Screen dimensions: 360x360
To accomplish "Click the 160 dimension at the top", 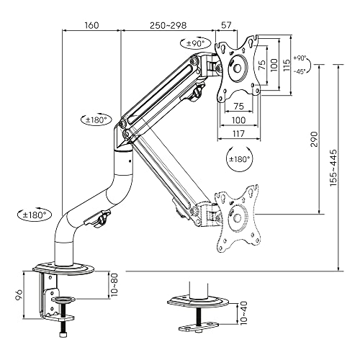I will coord(91,24).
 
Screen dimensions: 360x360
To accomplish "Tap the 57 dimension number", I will coord(227,24).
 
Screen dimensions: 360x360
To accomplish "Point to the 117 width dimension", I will coord(238,134).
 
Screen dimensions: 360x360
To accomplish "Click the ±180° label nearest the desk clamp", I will coord(32,214).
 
